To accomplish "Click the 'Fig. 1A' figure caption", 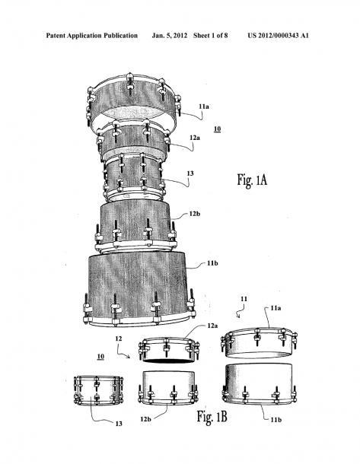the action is click(x=252, y=180).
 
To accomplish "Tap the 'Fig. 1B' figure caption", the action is click(x=212, y=416).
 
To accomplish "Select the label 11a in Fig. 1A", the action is click(x=204, y=106).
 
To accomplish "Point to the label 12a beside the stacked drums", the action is click(x=195, y=138).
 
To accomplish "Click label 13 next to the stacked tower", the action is click(x=190, y=173).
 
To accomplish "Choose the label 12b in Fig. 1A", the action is click(x=195, y=214).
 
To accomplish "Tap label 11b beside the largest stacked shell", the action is click(x=212, y=262).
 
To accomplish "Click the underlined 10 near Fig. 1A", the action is click(x=218, y=129).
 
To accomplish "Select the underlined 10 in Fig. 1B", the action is click(x=100, y=356).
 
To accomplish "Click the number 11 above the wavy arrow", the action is click(x=244, y=299).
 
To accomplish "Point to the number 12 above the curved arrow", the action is click(x=119, y=338).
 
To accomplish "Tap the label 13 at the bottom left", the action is click(x=119, y=424).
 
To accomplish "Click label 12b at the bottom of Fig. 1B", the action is click(x=145, y=419).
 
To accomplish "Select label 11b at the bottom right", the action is click(x=276, y=419).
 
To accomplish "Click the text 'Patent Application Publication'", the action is click(x=92, y=36).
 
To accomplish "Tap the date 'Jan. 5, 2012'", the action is click(x=170, y=36).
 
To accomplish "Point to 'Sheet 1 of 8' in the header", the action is click(x=211, y=36).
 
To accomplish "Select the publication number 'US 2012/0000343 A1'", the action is click(x=279, y=36).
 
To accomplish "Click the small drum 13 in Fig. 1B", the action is click(x=98, y=390).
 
